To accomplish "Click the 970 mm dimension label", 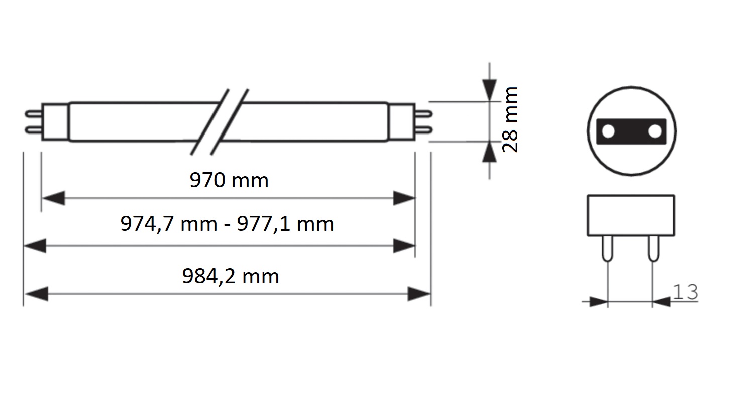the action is coord(229,181).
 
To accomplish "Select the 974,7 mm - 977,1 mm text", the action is coord(227,224).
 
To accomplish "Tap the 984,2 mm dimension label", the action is coord(231,276).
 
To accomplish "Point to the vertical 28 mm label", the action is coord(510,120).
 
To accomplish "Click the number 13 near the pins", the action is coord(685,292).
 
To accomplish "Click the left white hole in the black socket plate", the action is coord(608,131).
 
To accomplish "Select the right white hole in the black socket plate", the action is coord(655,131).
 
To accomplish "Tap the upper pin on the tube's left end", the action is coord(33,114).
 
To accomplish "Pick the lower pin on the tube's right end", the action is coord(423,129).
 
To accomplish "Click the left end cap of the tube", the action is coord(55,122).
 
